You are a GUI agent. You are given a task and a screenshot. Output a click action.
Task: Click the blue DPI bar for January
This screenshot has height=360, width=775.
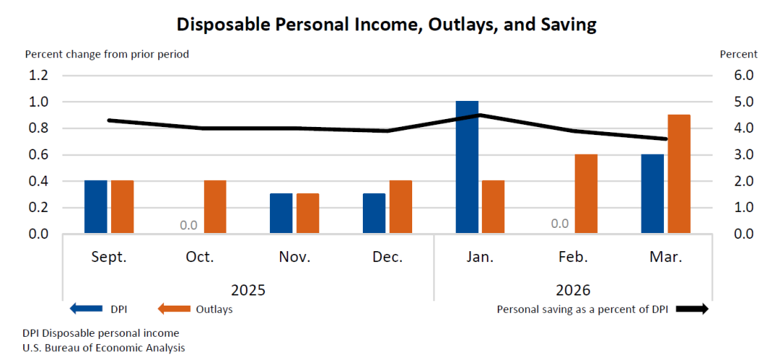pos(467,167)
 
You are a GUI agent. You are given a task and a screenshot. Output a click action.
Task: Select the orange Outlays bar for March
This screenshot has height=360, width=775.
pos(678,174)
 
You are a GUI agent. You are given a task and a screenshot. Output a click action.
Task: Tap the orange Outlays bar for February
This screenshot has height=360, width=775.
pos(586,194)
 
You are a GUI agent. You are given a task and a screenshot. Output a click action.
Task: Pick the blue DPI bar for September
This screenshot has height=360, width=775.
pos(96,207)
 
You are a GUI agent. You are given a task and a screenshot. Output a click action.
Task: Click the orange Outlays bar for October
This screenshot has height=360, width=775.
pos(215,207)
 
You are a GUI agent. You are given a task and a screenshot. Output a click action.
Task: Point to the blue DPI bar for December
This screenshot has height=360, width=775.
pos(374,213)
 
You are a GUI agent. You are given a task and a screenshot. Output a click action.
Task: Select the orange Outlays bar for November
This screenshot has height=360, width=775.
pos(308,213)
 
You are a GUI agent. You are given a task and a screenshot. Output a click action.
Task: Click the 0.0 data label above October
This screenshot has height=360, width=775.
pos(189,225)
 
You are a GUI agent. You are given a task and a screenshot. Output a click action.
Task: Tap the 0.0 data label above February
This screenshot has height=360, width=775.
pos(559,224)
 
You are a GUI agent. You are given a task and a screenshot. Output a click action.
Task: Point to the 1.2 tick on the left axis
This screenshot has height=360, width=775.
pos(38,75)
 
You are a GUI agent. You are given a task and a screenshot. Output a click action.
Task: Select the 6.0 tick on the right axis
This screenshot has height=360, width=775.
pos(745,75)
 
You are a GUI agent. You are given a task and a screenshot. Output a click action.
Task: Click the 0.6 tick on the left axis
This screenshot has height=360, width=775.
pos(38,155)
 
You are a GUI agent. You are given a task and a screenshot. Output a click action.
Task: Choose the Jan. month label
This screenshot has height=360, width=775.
pos(480,258)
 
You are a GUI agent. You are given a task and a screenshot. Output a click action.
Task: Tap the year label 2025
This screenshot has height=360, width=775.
pos(248,290)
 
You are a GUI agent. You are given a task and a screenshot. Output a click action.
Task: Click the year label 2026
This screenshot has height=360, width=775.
pos(573,290)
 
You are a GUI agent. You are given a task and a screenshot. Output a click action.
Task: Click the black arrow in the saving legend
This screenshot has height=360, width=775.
pos(692,309)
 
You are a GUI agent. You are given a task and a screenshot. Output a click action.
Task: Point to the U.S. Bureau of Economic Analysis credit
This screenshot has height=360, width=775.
pos(104,348)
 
